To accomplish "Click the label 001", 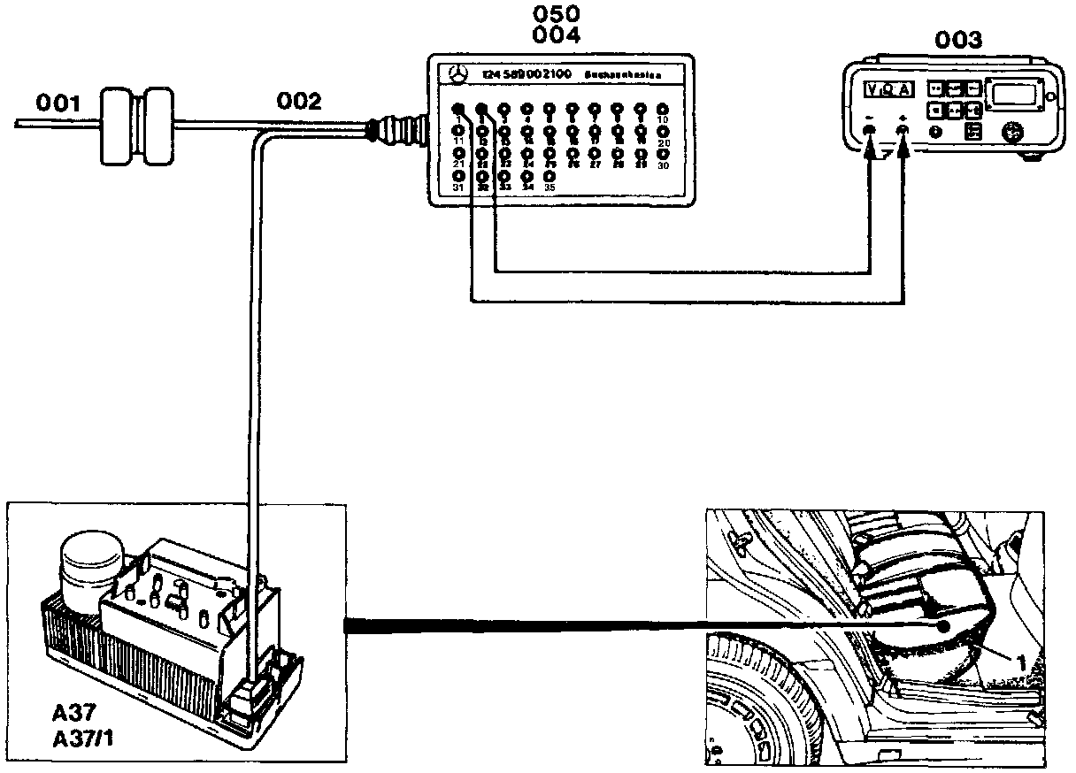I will pos(58,104).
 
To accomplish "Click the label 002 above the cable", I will pos(298,102).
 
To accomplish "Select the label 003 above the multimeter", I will pos(958,40).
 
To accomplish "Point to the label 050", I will pos(557,15).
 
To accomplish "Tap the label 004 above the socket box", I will pos(557,35).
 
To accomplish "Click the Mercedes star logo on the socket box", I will pos(457,73).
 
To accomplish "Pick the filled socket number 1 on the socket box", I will pos(458,108).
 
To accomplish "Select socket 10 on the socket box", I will pos(663,109).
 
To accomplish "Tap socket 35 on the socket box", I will pos(550,175).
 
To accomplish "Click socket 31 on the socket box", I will pos(458,175).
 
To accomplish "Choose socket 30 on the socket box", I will pos(663,153).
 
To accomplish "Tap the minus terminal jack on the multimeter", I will pos(870,131).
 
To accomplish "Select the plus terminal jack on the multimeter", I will pos(903,131).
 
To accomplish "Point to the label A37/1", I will pos(87,736).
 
